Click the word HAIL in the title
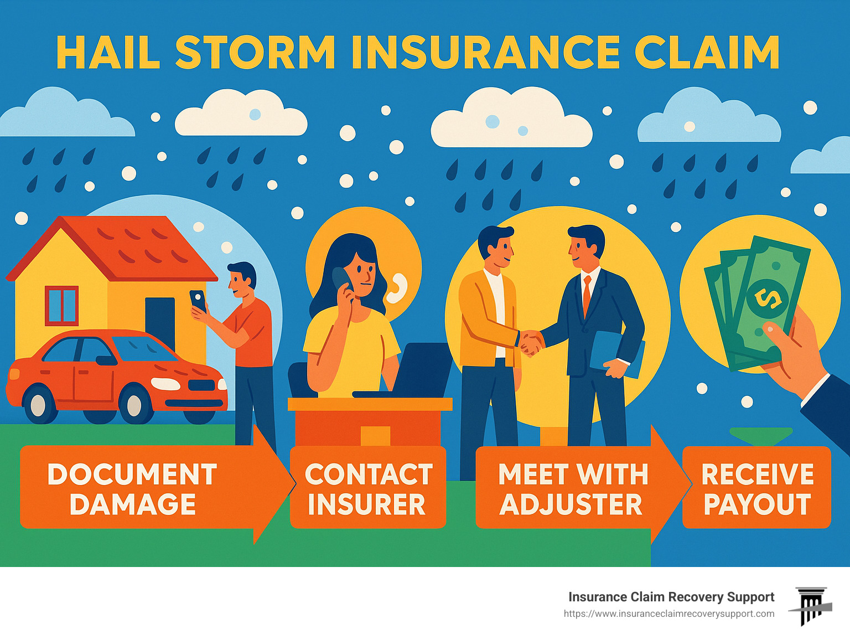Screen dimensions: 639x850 coord(108,53)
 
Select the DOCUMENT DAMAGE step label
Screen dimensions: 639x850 coord(133,488)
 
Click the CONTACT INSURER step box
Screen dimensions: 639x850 coord(368,488)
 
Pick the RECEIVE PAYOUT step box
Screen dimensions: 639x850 coord(757,488)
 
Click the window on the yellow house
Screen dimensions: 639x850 coord(61,305)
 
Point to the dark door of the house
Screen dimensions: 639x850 coord(160,321)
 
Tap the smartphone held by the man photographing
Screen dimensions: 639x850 coord(198,301)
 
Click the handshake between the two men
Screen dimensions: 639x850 coord(530,342)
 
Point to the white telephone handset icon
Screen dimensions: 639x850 coord(397,288)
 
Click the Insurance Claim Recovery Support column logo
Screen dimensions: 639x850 coord(811,606)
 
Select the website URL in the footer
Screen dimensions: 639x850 coord(668,614)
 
